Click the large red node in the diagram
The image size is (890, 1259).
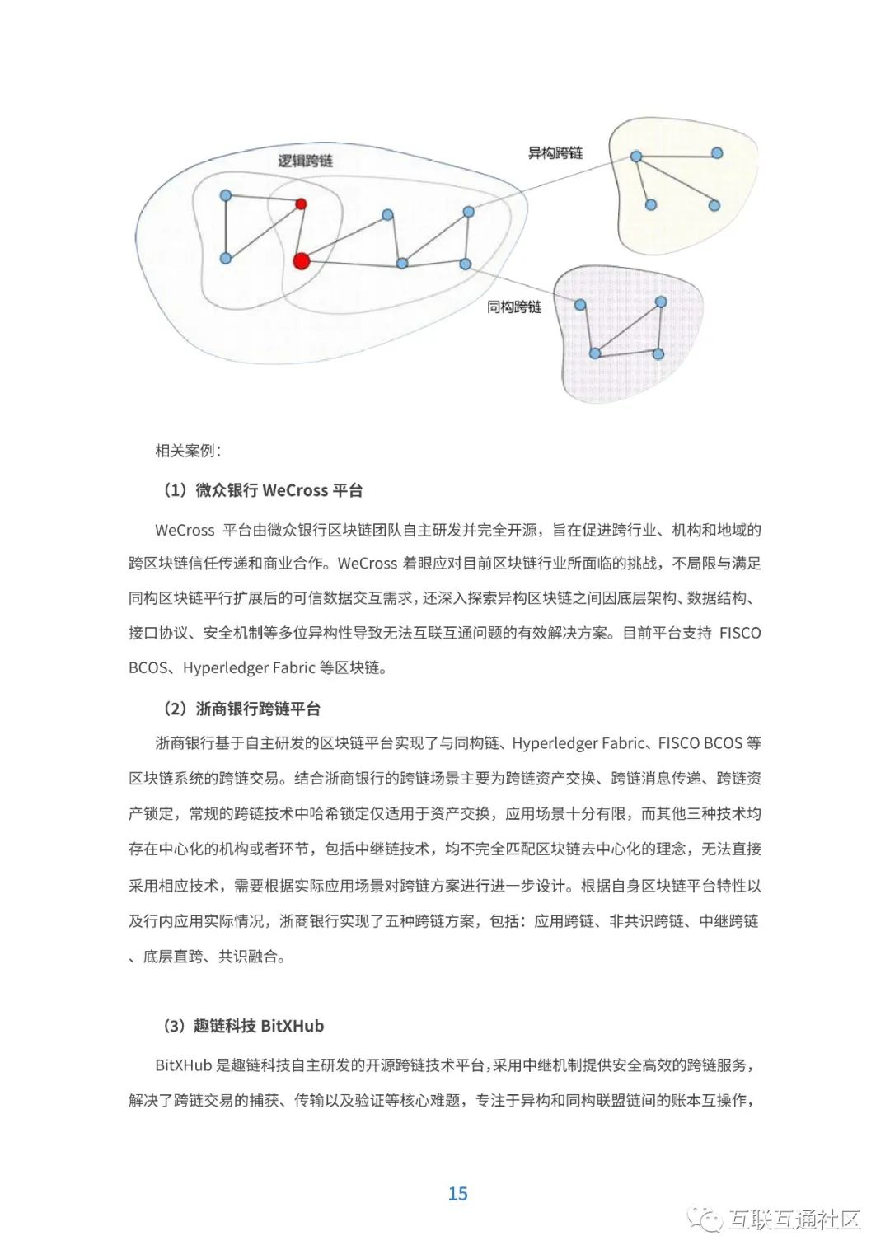[302, 261]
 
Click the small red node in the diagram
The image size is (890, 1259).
[302, 204]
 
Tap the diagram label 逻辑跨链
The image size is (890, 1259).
[305, 161]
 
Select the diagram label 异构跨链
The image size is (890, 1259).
[555, 153]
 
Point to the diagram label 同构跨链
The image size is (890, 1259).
[513, 307]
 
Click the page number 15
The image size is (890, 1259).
[457, 1193]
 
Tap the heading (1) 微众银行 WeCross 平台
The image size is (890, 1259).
[263, 490]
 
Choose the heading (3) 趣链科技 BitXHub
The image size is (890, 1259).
[243, 1026]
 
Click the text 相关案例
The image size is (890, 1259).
[188, 451]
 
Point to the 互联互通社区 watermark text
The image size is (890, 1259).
[794, 1219]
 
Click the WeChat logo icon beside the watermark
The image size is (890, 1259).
[707, 1219]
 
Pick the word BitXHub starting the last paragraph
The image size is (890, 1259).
[183, 1065]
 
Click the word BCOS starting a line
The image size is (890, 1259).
[148, 667]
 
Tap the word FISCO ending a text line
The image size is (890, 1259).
[740, 633]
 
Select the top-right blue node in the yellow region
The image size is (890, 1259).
[717, 153]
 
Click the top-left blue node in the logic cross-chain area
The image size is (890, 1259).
[226, 195]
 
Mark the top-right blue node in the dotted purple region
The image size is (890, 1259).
[661, 302]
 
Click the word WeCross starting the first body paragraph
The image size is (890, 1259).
[185, 530]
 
